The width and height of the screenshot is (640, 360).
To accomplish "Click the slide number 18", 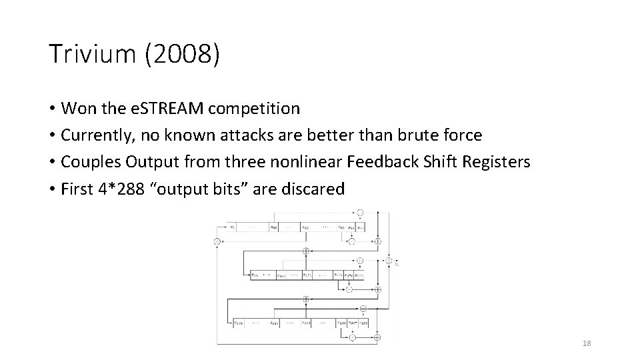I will click(587, 343).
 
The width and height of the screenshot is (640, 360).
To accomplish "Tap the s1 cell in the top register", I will click(233, 227).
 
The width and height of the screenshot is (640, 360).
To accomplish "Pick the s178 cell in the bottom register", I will click(239, 324).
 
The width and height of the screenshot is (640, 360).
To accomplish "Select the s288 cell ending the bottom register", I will click(363, 324).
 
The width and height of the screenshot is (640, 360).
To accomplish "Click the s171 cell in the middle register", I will click(307, 275).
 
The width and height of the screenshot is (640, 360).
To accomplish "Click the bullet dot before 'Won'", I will click(51, 108).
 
